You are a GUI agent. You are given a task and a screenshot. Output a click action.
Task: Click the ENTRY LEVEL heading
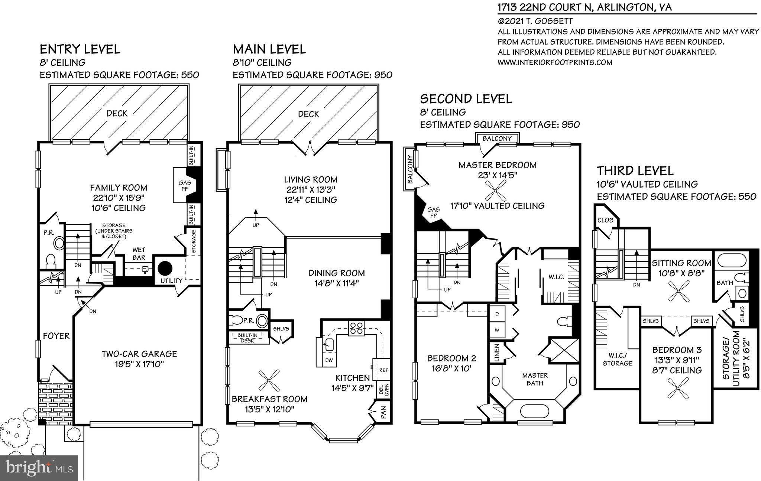80,49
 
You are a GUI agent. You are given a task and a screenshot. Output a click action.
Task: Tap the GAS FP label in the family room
185,186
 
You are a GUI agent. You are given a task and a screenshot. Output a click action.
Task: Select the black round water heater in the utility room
165,268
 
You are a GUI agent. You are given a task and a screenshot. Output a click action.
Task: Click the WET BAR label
139,254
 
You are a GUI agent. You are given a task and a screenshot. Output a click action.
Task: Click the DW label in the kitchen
329,360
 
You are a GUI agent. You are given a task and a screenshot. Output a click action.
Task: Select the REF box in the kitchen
383,370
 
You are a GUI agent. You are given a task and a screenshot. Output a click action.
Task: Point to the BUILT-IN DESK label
247,338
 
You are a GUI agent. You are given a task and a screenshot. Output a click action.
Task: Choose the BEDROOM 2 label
451,358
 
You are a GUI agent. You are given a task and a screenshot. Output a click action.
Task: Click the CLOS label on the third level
605,220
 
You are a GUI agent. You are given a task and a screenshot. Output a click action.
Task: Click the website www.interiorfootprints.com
555,62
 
